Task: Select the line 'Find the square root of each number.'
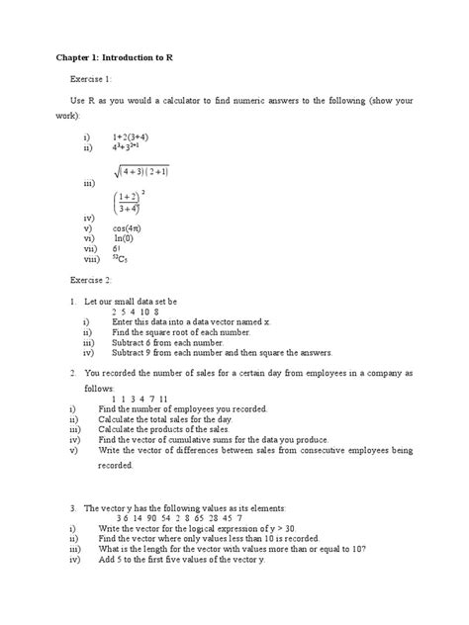tap(177, 332)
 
